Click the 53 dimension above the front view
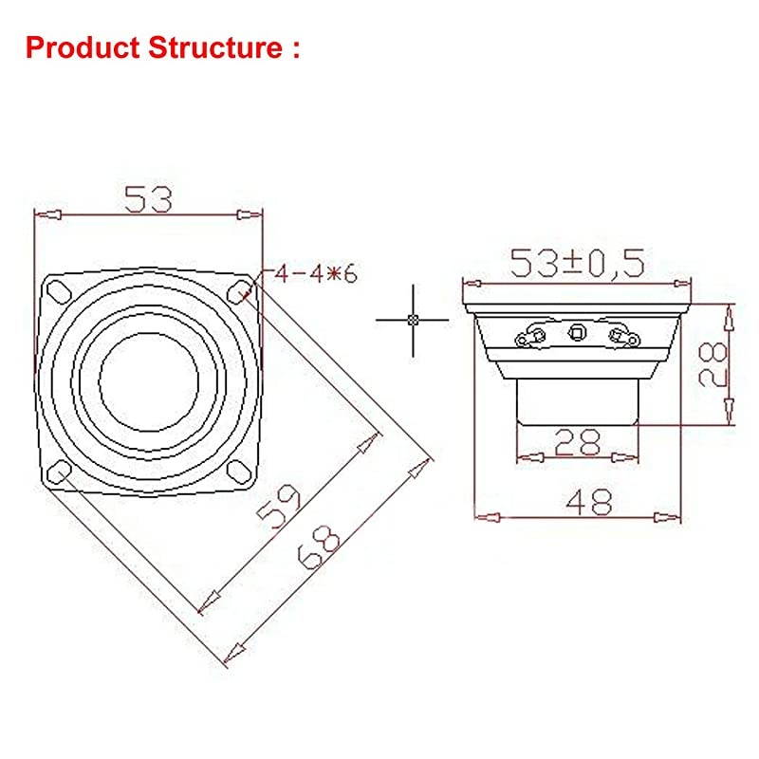(148, 199)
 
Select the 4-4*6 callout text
(314, 275)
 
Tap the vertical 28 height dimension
(717, 363)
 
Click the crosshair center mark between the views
(412, 320)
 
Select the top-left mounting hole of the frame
(57, 288)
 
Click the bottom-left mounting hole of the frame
(58, 471)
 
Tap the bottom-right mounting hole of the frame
(239, 471)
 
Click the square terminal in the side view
(577, 332)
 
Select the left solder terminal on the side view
(531, 335)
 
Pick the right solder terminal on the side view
(622, 335)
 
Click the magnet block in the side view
(577, 398)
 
